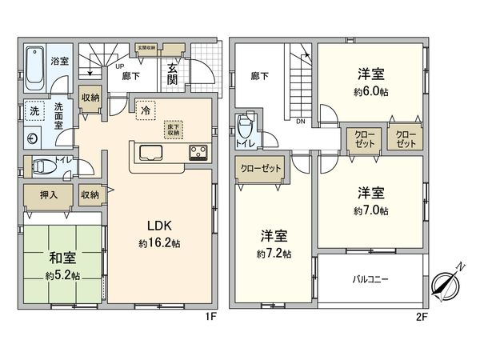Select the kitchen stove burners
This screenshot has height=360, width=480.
(x=198, y=151)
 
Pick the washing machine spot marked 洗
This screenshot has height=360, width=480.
(x=34, y=112)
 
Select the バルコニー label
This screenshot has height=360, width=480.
(x=369, y=280)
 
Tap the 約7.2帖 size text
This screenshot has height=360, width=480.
(x=274, y=253)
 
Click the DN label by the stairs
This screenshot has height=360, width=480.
(x=300, y=122)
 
